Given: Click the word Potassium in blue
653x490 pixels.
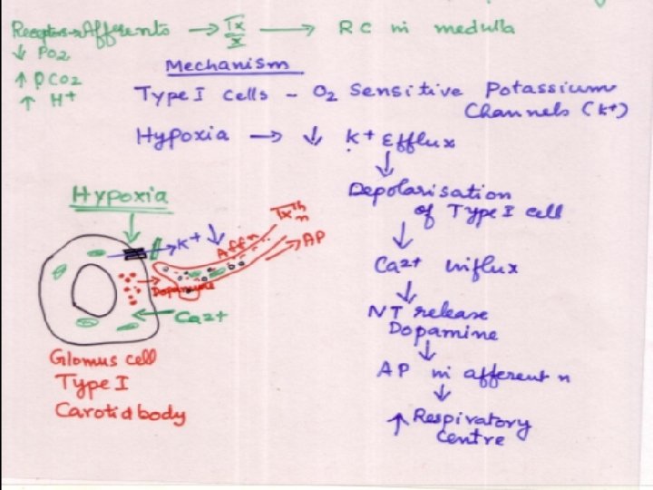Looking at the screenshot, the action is (549, 91).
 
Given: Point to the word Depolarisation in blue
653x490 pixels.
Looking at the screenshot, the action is (428, 193).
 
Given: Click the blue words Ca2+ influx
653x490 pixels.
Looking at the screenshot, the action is (445, 268).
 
